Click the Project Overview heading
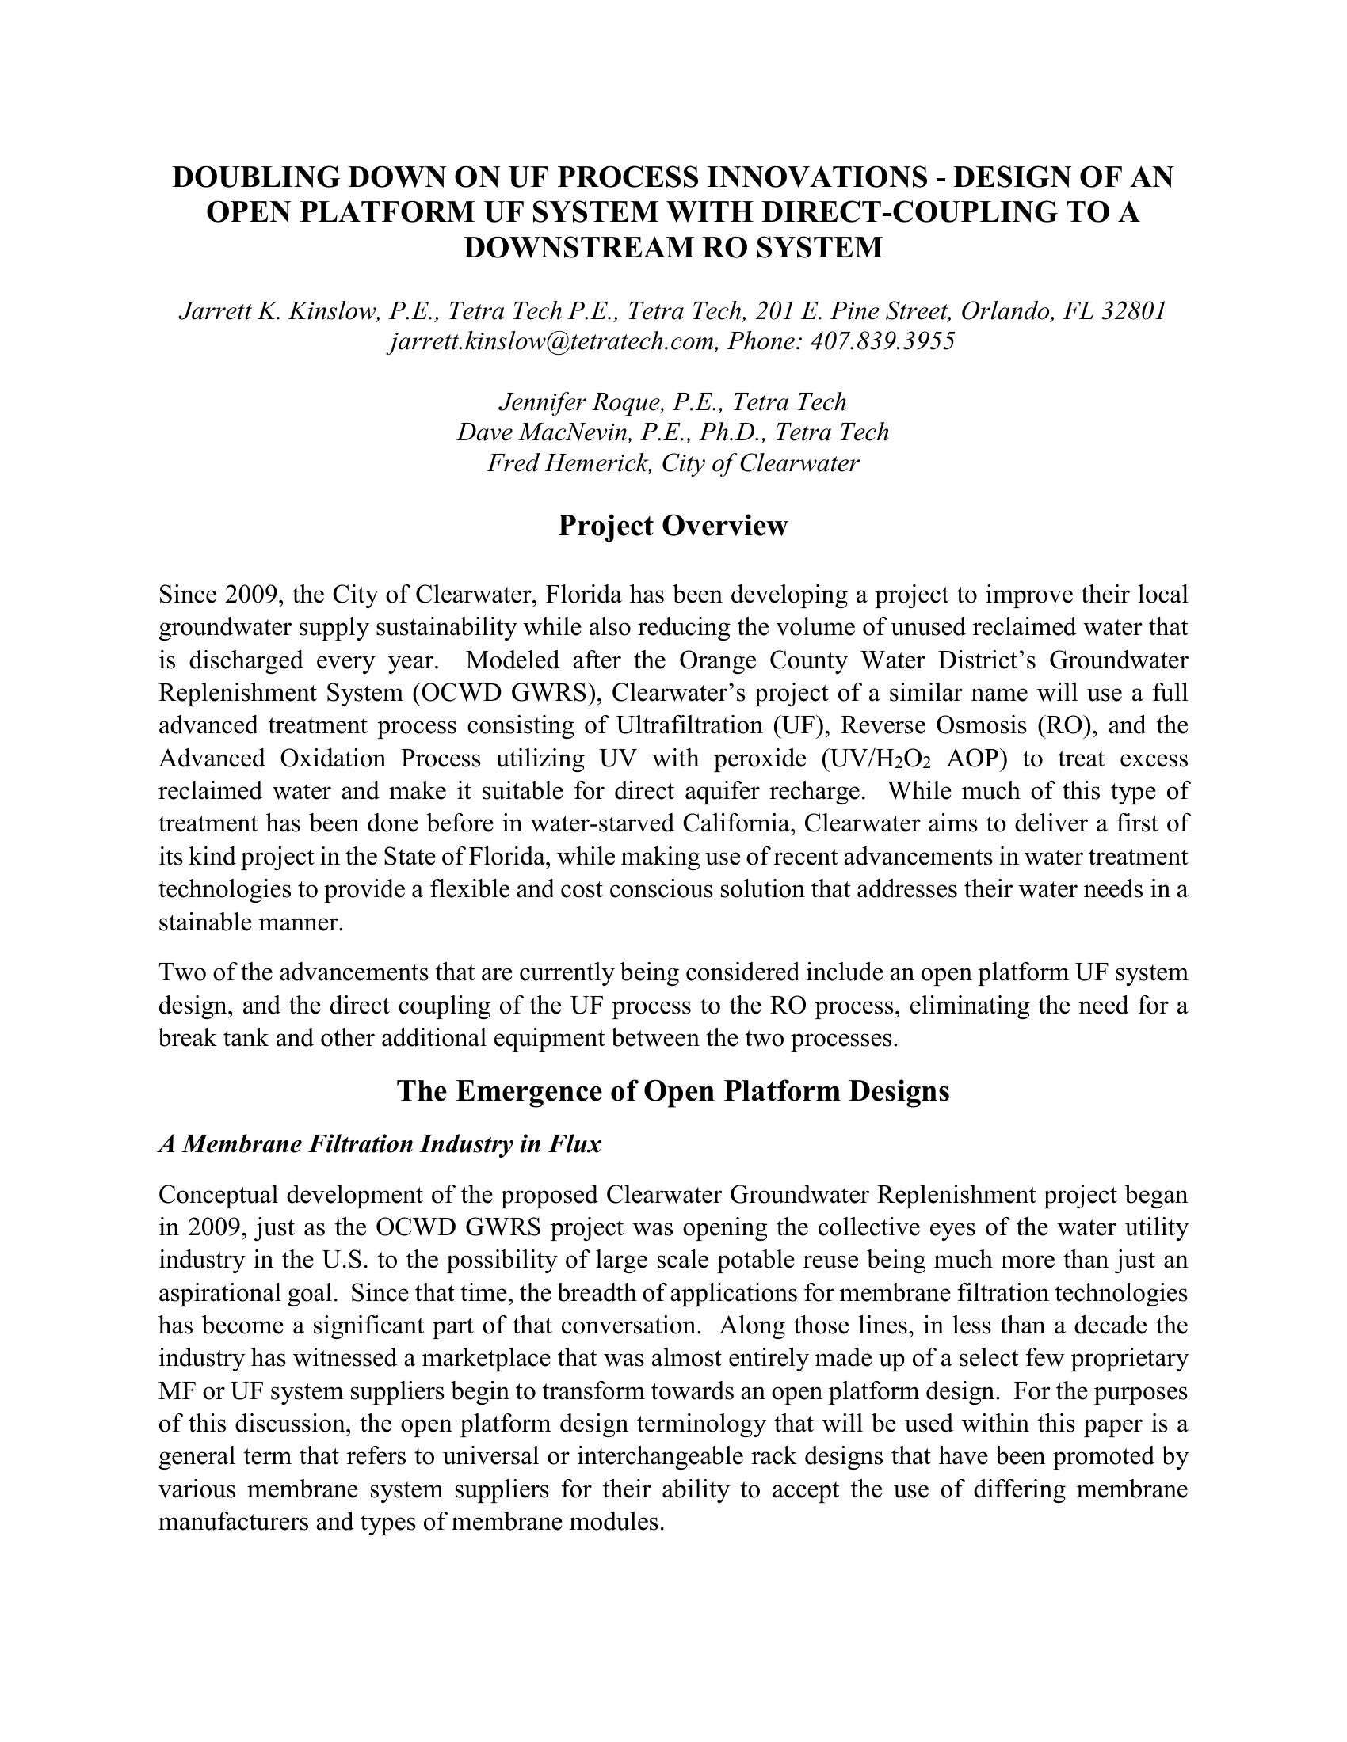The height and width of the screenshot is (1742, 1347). [x=673, y=526]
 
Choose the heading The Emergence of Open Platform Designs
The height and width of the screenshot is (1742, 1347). [x=673, y=1090]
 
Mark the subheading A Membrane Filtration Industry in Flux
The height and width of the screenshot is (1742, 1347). [x=380, y=1145]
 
